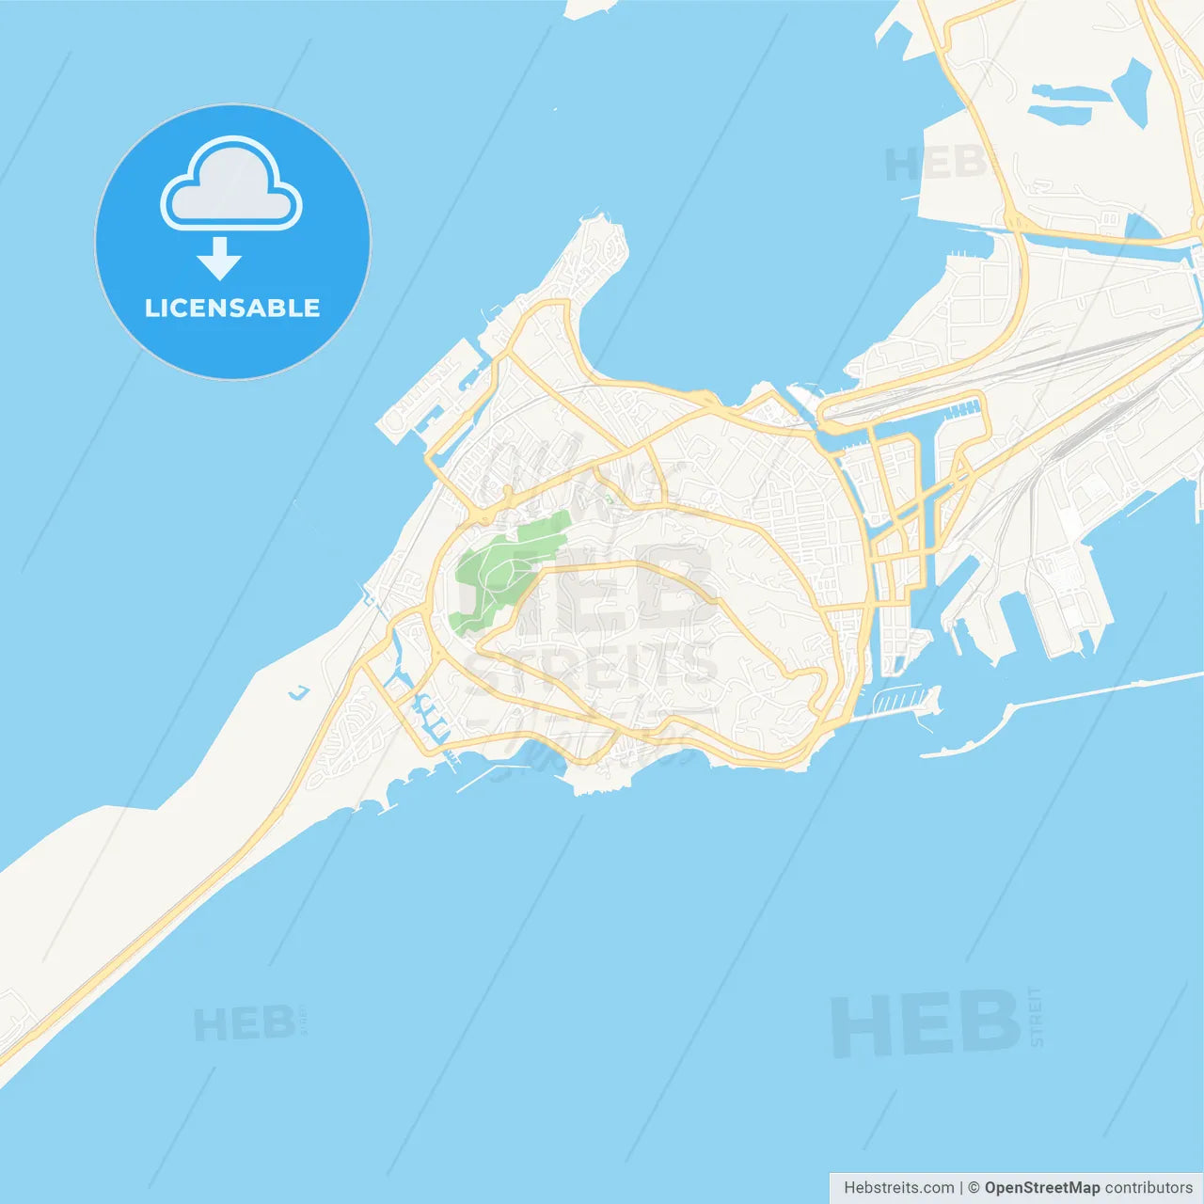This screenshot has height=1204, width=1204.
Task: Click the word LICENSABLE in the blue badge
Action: [232, 308]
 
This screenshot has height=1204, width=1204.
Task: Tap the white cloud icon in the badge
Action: [231, 188]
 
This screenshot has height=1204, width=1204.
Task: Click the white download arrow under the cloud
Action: [219, 259]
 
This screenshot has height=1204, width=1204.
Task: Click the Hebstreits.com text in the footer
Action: [898, 1188]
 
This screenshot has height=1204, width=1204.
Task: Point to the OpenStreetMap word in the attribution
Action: [1041, 1188]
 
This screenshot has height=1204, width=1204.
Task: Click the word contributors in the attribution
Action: [1149, 1188]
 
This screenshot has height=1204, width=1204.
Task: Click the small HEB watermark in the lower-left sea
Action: [244, 1023]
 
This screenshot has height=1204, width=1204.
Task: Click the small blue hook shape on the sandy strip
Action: [299, 694]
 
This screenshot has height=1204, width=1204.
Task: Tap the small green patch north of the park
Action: [609, 498]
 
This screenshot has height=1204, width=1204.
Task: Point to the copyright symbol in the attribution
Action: [974, 1188]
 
